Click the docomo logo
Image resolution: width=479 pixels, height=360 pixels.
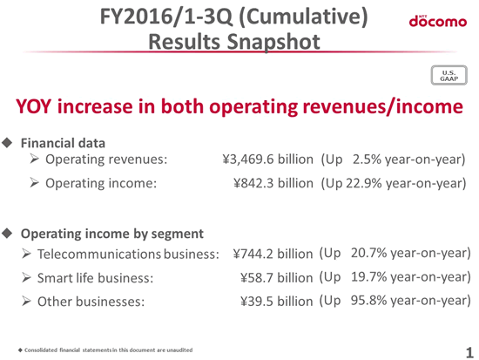[438, 21]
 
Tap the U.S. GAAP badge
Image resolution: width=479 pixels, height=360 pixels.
[449, 75]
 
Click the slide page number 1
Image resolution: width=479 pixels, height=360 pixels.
[469, 353]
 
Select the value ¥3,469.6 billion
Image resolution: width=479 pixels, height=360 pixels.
[268, 160]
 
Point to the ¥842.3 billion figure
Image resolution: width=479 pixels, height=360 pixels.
[273, 183]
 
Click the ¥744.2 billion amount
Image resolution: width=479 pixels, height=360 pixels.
[273, 254]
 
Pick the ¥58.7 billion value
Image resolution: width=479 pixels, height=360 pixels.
[276, 278]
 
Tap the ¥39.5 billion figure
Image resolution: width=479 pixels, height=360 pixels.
[276, 302]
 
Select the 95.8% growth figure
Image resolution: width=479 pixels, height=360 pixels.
[368, 301]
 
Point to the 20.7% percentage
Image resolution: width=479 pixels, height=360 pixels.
[368, 253]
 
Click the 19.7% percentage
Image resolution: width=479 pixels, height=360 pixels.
[368, 277]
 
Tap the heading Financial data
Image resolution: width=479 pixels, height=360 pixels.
[63, 143]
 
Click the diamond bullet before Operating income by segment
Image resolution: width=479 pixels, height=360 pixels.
[7, 234]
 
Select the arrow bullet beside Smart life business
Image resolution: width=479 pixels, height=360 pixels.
[26, 278]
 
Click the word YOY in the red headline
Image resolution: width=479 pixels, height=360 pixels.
[33, 106]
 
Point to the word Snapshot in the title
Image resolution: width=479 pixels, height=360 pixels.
[273, 42]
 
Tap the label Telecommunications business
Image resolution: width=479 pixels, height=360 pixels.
[128, 254]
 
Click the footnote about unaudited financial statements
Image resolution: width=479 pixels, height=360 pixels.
[105, 350]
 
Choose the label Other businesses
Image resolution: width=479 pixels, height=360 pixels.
[91, 302]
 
